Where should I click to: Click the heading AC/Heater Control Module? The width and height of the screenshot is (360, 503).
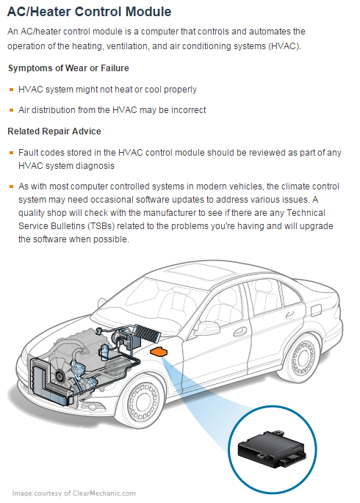90,12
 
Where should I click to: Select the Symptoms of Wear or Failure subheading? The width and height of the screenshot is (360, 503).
68,68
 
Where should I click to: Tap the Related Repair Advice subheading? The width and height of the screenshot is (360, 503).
54,131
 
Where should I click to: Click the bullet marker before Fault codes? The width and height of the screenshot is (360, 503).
11,153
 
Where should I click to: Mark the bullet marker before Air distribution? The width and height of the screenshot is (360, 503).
11,110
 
